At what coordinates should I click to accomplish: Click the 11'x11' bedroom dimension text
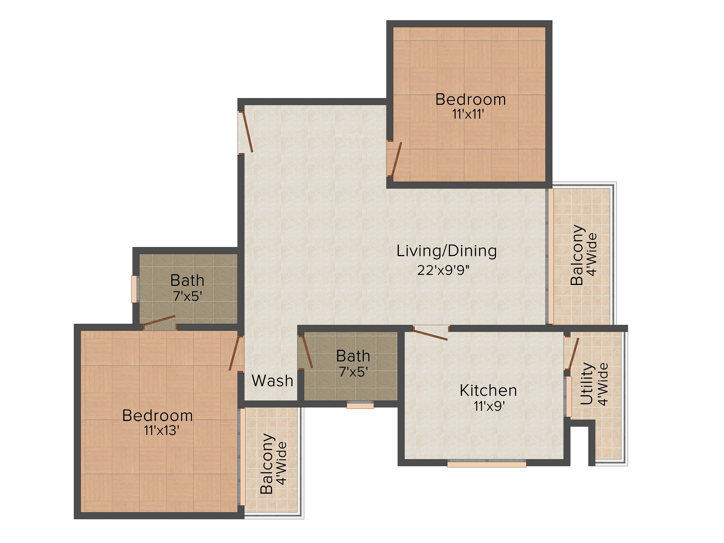(468, 114)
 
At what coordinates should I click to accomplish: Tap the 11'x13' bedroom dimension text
(162, 430)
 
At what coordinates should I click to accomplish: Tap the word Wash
(272, 381)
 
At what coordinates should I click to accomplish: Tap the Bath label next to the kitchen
(353, 356)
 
